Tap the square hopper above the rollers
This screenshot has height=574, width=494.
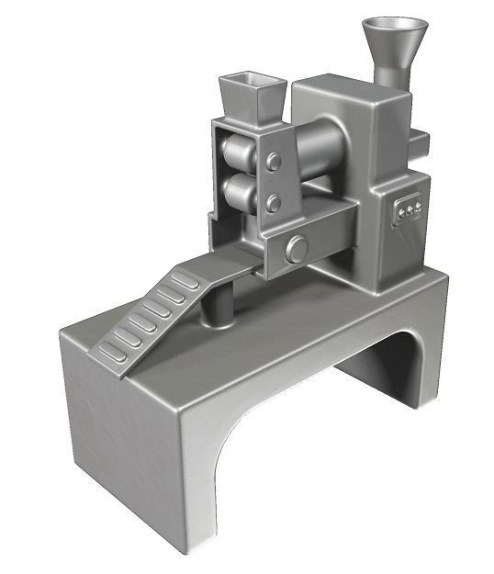[250, 96]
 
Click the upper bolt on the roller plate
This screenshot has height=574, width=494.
[273, 163]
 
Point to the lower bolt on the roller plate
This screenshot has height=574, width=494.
[273, 202]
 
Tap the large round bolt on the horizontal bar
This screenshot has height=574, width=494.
[296, 248]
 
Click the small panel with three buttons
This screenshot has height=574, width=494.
[407, 209]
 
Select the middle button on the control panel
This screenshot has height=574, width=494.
[408, 210]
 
